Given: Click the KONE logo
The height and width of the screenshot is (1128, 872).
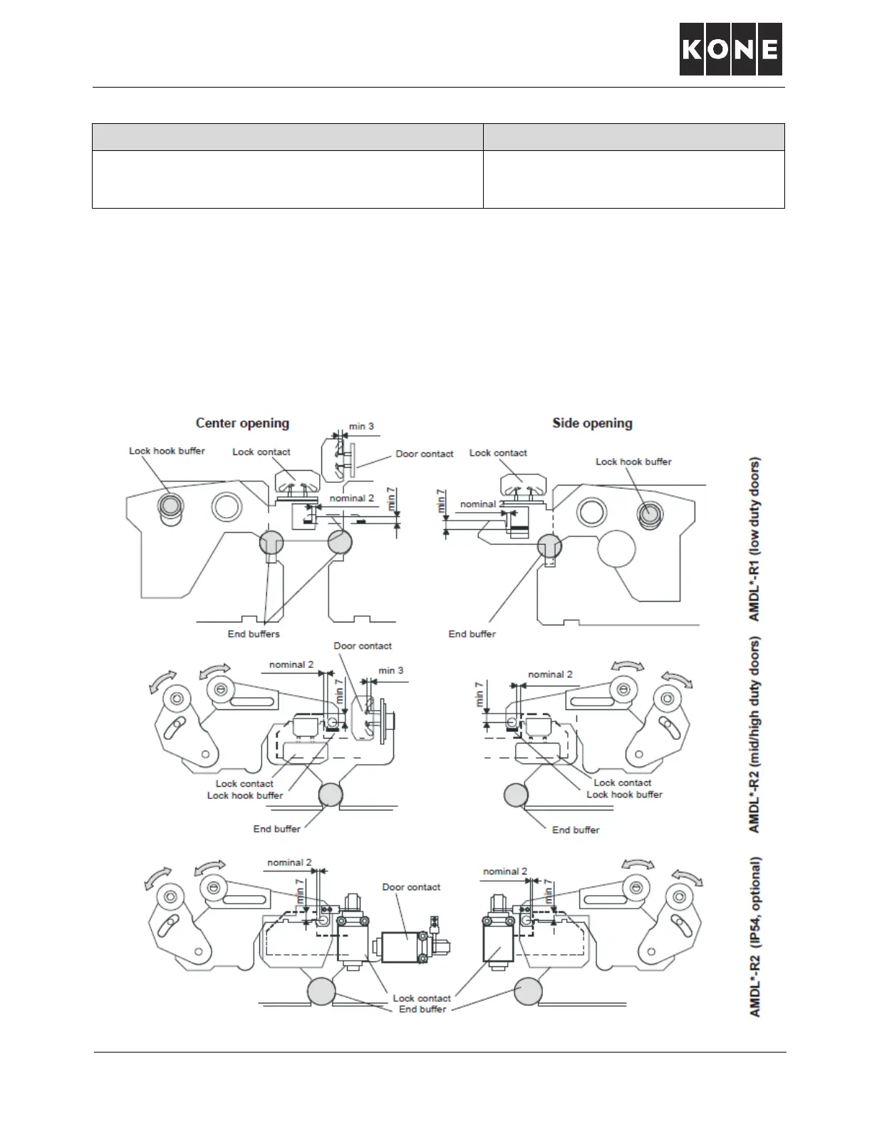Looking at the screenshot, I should point(730,49).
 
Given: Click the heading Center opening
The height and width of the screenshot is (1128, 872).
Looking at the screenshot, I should point(242,423).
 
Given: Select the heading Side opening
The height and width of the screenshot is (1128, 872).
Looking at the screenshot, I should point(592,423).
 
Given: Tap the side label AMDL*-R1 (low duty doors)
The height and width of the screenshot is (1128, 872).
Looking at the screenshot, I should point(754,539).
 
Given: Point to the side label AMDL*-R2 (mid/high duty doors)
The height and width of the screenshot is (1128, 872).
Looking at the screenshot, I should point(754,734).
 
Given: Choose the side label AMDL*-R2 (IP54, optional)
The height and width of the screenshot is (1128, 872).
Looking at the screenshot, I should point(755,937).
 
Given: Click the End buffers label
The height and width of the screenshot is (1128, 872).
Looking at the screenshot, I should point(254,634).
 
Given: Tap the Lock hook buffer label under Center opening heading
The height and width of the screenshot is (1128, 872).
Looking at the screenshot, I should point(167,451).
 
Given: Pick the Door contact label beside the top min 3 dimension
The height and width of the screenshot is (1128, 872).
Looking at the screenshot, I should point(425,454).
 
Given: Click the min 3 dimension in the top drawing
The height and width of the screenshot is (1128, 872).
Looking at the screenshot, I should point(361,427).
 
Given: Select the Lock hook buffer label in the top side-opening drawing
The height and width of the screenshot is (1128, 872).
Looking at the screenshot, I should point(633,461).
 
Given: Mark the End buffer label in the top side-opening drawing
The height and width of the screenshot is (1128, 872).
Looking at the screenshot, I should point(472,634).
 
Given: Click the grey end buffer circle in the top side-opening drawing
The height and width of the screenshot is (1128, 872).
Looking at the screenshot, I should point(549,546).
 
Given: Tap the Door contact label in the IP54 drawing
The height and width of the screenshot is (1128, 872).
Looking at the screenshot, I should point(411,887).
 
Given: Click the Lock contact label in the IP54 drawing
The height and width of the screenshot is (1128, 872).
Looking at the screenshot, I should point(422,998).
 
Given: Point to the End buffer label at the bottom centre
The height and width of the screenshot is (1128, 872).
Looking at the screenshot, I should point(422,1009).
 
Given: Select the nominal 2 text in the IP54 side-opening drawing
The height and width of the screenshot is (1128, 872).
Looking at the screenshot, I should point(505,872).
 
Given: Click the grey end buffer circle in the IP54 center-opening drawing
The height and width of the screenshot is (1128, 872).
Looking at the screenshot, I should point(321,991).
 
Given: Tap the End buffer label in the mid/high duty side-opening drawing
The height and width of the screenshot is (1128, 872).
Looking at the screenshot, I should point(576,830).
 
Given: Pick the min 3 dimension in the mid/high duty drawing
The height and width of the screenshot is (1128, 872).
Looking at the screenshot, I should point(390,671).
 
